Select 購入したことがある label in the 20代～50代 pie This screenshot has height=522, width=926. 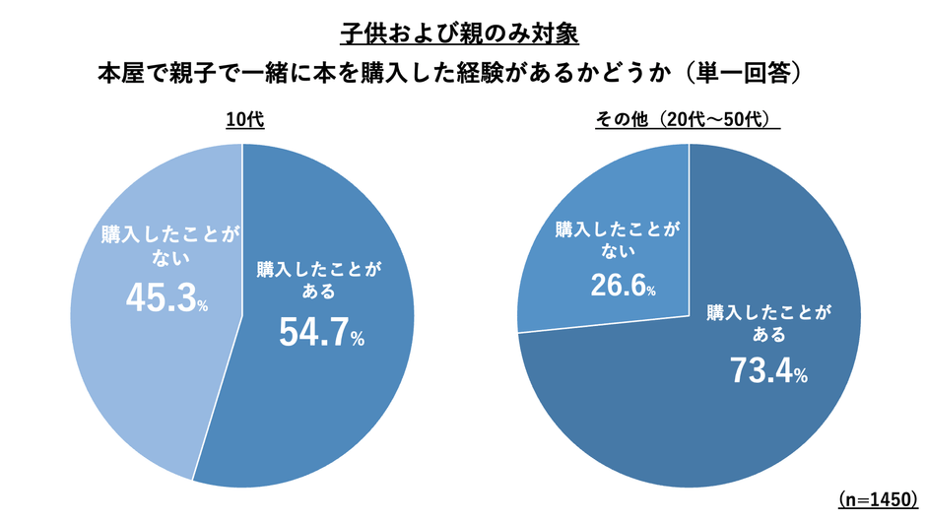769,325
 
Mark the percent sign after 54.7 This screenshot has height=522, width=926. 358,340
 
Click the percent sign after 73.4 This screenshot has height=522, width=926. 802,376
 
